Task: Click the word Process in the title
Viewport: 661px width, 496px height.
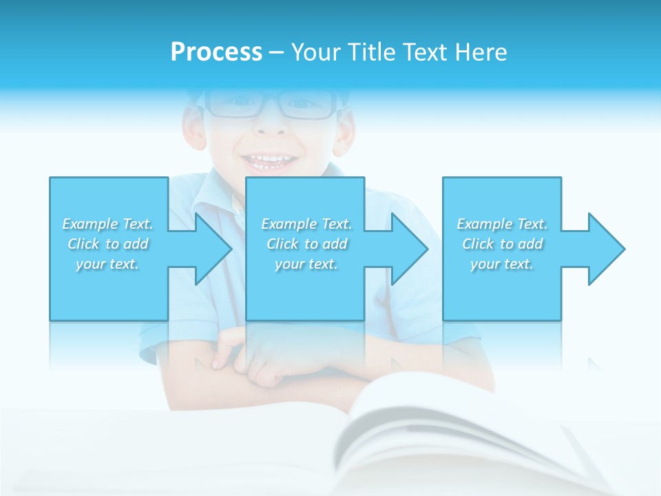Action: tap(216, 52)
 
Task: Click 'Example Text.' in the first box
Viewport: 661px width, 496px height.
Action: tap(107, 224)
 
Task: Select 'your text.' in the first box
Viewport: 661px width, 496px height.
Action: tap(107, 264)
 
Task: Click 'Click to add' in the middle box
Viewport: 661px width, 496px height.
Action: tap(306, 244)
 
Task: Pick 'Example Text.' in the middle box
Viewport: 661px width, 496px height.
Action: tap(306, 224)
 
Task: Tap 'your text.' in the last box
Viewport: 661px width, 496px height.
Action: tap(502, 264)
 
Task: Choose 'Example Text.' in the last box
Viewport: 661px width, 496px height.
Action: tap(502, 224)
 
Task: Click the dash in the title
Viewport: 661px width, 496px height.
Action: tap(276, 52)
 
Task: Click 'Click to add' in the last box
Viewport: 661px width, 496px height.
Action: tap(502, 244)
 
